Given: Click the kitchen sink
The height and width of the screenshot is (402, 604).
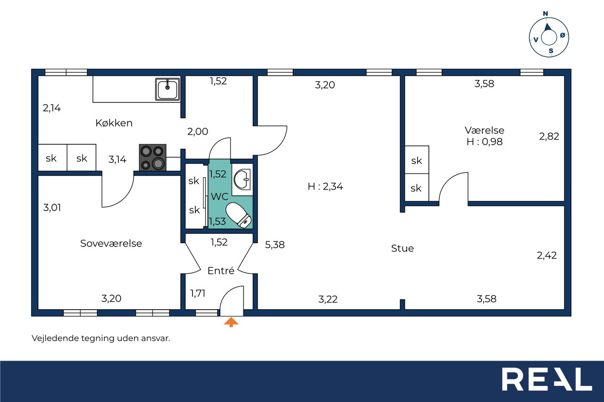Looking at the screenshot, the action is click(168, 89).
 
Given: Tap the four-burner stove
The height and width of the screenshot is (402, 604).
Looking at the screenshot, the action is click(152, 157).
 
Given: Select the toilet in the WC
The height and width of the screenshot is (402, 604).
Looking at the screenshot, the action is click(239, 215).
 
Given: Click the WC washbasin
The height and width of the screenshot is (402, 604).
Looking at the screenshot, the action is click(242, 180).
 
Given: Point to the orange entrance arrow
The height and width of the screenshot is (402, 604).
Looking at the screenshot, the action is click(231, 322).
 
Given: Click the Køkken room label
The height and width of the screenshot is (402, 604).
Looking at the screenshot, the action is click(114, 123).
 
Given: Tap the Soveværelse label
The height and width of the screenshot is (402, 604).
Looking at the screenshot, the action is click(111, 243).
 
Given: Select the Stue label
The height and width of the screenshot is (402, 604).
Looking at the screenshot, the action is click(403, 248).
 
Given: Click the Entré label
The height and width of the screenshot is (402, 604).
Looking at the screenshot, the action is click(221, 271).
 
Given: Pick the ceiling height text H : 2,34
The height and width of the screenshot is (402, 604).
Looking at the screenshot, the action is click(325, 186).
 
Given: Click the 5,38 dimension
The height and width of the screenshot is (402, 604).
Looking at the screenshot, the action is click(275, 245).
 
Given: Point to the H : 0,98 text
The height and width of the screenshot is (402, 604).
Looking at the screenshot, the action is click(485, 142).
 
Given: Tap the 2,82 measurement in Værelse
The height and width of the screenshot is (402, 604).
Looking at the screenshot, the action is click(549, 136).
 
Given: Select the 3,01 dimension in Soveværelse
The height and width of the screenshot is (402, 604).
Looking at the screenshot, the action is click(52, 207).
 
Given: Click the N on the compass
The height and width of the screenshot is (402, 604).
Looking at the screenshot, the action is click(545, 14).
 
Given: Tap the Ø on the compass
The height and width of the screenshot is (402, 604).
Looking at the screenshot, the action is click(562, 35).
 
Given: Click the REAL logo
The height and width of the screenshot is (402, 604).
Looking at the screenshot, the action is click(547, 379).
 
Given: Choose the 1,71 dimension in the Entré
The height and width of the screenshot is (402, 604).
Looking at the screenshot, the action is click(198, 293).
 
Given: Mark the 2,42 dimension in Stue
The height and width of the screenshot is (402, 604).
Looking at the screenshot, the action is click(546, 255).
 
